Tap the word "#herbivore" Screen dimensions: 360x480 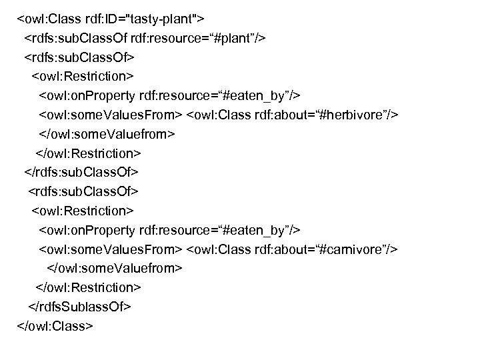(x=359, y=115)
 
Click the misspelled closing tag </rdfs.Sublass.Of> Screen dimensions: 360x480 (x=79, y=307)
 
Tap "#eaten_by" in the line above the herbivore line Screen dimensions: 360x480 (x=257, y=95)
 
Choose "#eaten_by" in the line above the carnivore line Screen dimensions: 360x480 (x=257, y=230)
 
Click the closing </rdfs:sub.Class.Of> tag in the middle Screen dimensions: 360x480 (x=81, y=172)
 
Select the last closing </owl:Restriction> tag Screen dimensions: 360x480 (x=87, y=287)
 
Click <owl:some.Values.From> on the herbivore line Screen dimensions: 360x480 (x=110, y=115)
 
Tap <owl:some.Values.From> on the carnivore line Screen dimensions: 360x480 (x=110, y=249)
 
